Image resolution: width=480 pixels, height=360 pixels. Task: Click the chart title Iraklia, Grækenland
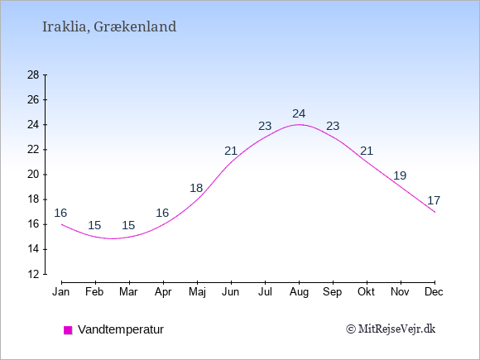109,27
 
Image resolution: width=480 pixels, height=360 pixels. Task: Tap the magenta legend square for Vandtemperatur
68,330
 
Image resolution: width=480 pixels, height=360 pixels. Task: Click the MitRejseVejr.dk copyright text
391,329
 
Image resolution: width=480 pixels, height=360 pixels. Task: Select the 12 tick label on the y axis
33,274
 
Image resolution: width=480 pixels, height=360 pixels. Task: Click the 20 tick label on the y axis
33,175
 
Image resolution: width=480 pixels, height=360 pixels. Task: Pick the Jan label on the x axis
61,292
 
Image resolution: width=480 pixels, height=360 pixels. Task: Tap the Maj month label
197,292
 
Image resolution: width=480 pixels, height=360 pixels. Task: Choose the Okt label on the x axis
367,292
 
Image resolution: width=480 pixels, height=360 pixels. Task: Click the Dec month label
434,292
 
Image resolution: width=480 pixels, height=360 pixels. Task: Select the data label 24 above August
299,114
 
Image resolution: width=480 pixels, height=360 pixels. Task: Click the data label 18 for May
196,188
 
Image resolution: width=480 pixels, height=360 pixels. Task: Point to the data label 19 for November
400,175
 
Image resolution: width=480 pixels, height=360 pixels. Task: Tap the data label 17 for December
434,200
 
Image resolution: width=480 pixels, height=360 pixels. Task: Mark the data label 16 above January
60,213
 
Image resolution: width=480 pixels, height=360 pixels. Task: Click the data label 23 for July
265,126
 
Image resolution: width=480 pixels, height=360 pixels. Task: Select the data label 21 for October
367,151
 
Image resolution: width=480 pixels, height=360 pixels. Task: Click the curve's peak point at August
299,125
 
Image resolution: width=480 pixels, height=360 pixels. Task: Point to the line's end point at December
434,212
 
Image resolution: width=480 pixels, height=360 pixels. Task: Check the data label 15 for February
94,226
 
